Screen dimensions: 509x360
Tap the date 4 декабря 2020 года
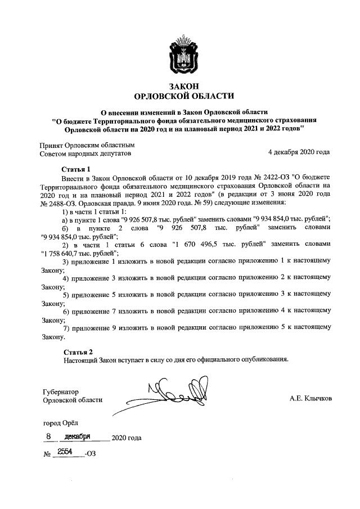click(x=299, y=152)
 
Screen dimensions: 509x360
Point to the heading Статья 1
click(x=76, y=169)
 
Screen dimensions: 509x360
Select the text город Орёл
click(x=62, y=423)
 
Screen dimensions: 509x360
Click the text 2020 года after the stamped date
click(x=127, y=438)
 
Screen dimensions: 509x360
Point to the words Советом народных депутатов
click(x=85, y=152)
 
